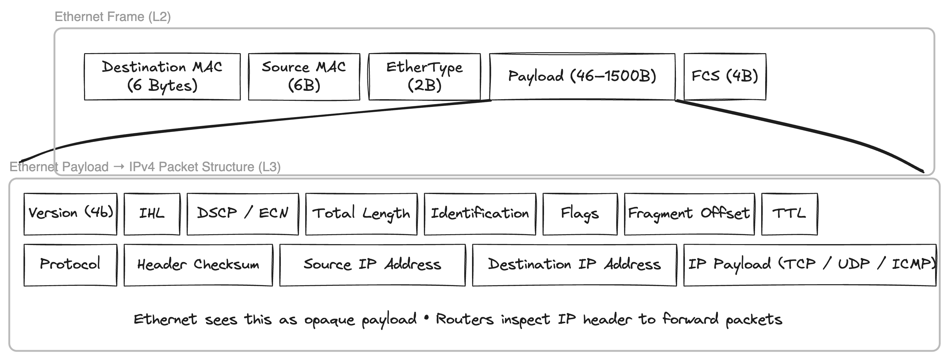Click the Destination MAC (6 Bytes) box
pyautogui.click(x=162, y=77)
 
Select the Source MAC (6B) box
pyautogui.click(x=304, y=77)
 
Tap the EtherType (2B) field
pyautogui.click(x=424, y=77)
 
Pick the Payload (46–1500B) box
pyautogui.click(x=582, y=76)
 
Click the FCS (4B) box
pyautogui.click(x=725, y=76)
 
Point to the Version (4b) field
pyautogui.click(x=70, y=214)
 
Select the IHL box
pyautogui.click(x=152, y=214)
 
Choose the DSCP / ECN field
pyautogui.click(x=243, y=214)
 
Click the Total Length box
pyautogui.click(x=361, y=214)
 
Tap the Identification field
pyautogui.click(x=480, y=214)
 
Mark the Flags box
pyautogui.click(x=580, y=214)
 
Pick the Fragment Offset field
pyautogui.click(x=689, y=214)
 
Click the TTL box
pyautogui.click(x=789, y=214)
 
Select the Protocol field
pyautogui.click(x=70, y=265)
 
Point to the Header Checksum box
pyautogui.click(x=198, y=265)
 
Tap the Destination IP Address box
pyautogui.click(x=574, y=265)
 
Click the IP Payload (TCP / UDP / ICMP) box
pyautogui.click(x=809, y=265)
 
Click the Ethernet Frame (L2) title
pyautogui.click(x=113, y=17)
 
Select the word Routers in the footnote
pyautogui.click(x=465, y=320)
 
